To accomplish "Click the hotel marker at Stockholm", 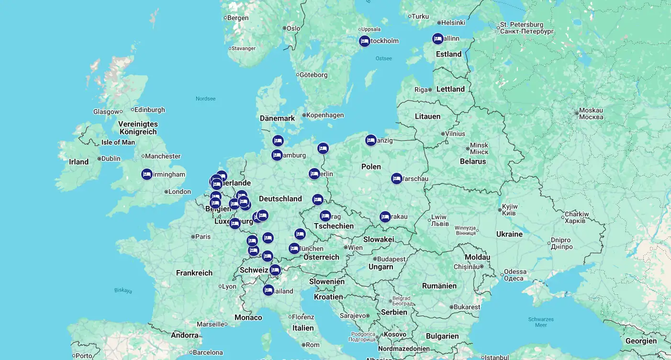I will tap(365, 41).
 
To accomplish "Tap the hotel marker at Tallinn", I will tap(437, 39).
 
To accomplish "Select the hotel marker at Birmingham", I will tap(147, 174).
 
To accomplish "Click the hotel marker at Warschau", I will tap(396, 179).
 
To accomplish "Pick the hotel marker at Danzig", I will tap(370, 140).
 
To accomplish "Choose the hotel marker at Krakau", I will tap(385, 217).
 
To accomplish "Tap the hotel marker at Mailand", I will tap(268, 290).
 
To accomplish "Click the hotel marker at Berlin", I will tap(314, 174).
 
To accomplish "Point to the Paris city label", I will tap(202, 236).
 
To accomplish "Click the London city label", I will tap(179, 192).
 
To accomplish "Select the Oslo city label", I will tap(293, 28).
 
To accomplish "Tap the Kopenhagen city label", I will tap(325, 115).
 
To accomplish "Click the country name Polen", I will tap(371, 167).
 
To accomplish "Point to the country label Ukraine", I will tap(509, 234).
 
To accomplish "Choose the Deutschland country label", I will tap(280, 199).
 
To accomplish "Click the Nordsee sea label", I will tap(205, 99).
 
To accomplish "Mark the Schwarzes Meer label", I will tap(541, 322).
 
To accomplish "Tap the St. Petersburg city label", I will tap(522, 24).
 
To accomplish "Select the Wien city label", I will tap(355, 247).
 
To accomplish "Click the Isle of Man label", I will tap(118, 142).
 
